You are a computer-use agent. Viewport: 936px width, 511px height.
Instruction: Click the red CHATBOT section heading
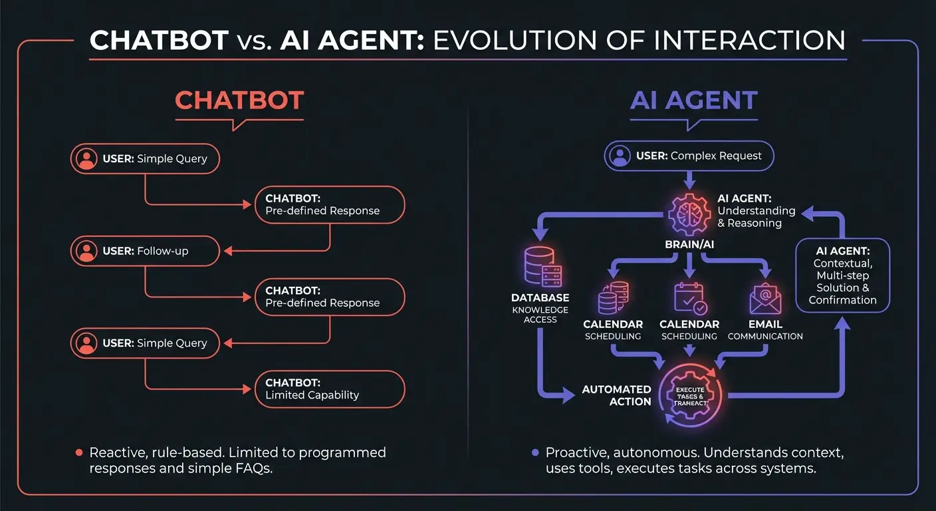pos(239,100)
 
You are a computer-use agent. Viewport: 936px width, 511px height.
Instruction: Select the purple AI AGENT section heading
pos(693,100)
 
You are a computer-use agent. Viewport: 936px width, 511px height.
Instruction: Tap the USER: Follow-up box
pos(144,251)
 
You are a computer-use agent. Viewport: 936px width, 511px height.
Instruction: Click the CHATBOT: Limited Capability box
pos(329,389)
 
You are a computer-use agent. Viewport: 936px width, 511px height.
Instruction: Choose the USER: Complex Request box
pos(689,156)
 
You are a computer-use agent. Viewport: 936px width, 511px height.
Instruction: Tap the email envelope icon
pos(765,298)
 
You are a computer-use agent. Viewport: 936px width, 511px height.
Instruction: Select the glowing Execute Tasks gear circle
pos(691,396)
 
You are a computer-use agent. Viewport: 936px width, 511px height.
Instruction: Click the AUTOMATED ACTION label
pos(616,395)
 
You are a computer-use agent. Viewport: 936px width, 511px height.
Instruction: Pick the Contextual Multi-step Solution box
pos(842,275)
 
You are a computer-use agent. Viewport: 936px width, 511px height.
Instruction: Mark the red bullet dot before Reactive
pos(78,452)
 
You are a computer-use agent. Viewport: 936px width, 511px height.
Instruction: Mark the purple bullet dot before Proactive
pos(534,452)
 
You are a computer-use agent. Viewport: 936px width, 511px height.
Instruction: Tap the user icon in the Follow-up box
pos(86,251)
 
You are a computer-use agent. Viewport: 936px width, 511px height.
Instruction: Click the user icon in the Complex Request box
pos(620,156)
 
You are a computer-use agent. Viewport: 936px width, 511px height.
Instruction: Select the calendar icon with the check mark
pos(689,298)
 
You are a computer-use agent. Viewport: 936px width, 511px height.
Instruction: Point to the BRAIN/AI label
pos(689,244)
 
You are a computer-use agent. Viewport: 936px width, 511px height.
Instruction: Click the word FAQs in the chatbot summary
pos(255,468)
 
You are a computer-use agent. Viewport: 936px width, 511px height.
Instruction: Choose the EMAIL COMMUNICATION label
pos(765,330)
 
